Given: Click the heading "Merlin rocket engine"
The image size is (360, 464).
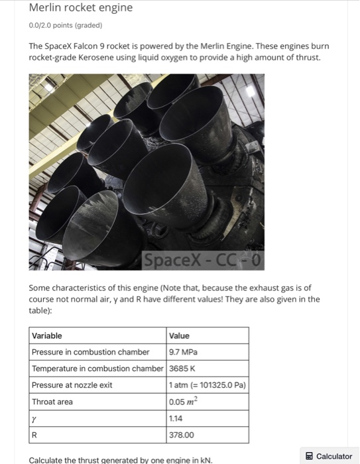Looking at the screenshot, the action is (x=81, y=8).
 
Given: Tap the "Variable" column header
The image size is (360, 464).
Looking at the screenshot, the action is (x=47, y=335).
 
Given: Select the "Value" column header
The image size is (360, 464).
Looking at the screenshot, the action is (x=180, y=335).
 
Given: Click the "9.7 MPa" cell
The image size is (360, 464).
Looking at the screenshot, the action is (x=184, y=352).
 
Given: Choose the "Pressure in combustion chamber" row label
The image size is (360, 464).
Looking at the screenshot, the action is (x=91, y=352).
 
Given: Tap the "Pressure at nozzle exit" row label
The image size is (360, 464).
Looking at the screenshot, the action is (x=72, y=385).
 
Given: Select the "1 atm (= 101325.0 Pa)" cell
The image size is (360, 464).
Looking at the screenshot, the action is (x=208, y=385).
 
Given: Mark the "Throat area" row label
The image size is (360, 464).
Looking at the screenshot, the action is (x=52, y=402).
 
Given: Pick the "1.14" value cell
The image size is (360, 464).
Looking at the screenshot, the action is (x=177, y=419).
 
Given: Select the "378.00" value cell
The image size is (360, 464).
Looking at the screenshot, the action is (x=182, y=435).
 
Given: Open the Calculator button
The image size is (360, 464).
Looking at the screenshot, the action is (x=328, y=456).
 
